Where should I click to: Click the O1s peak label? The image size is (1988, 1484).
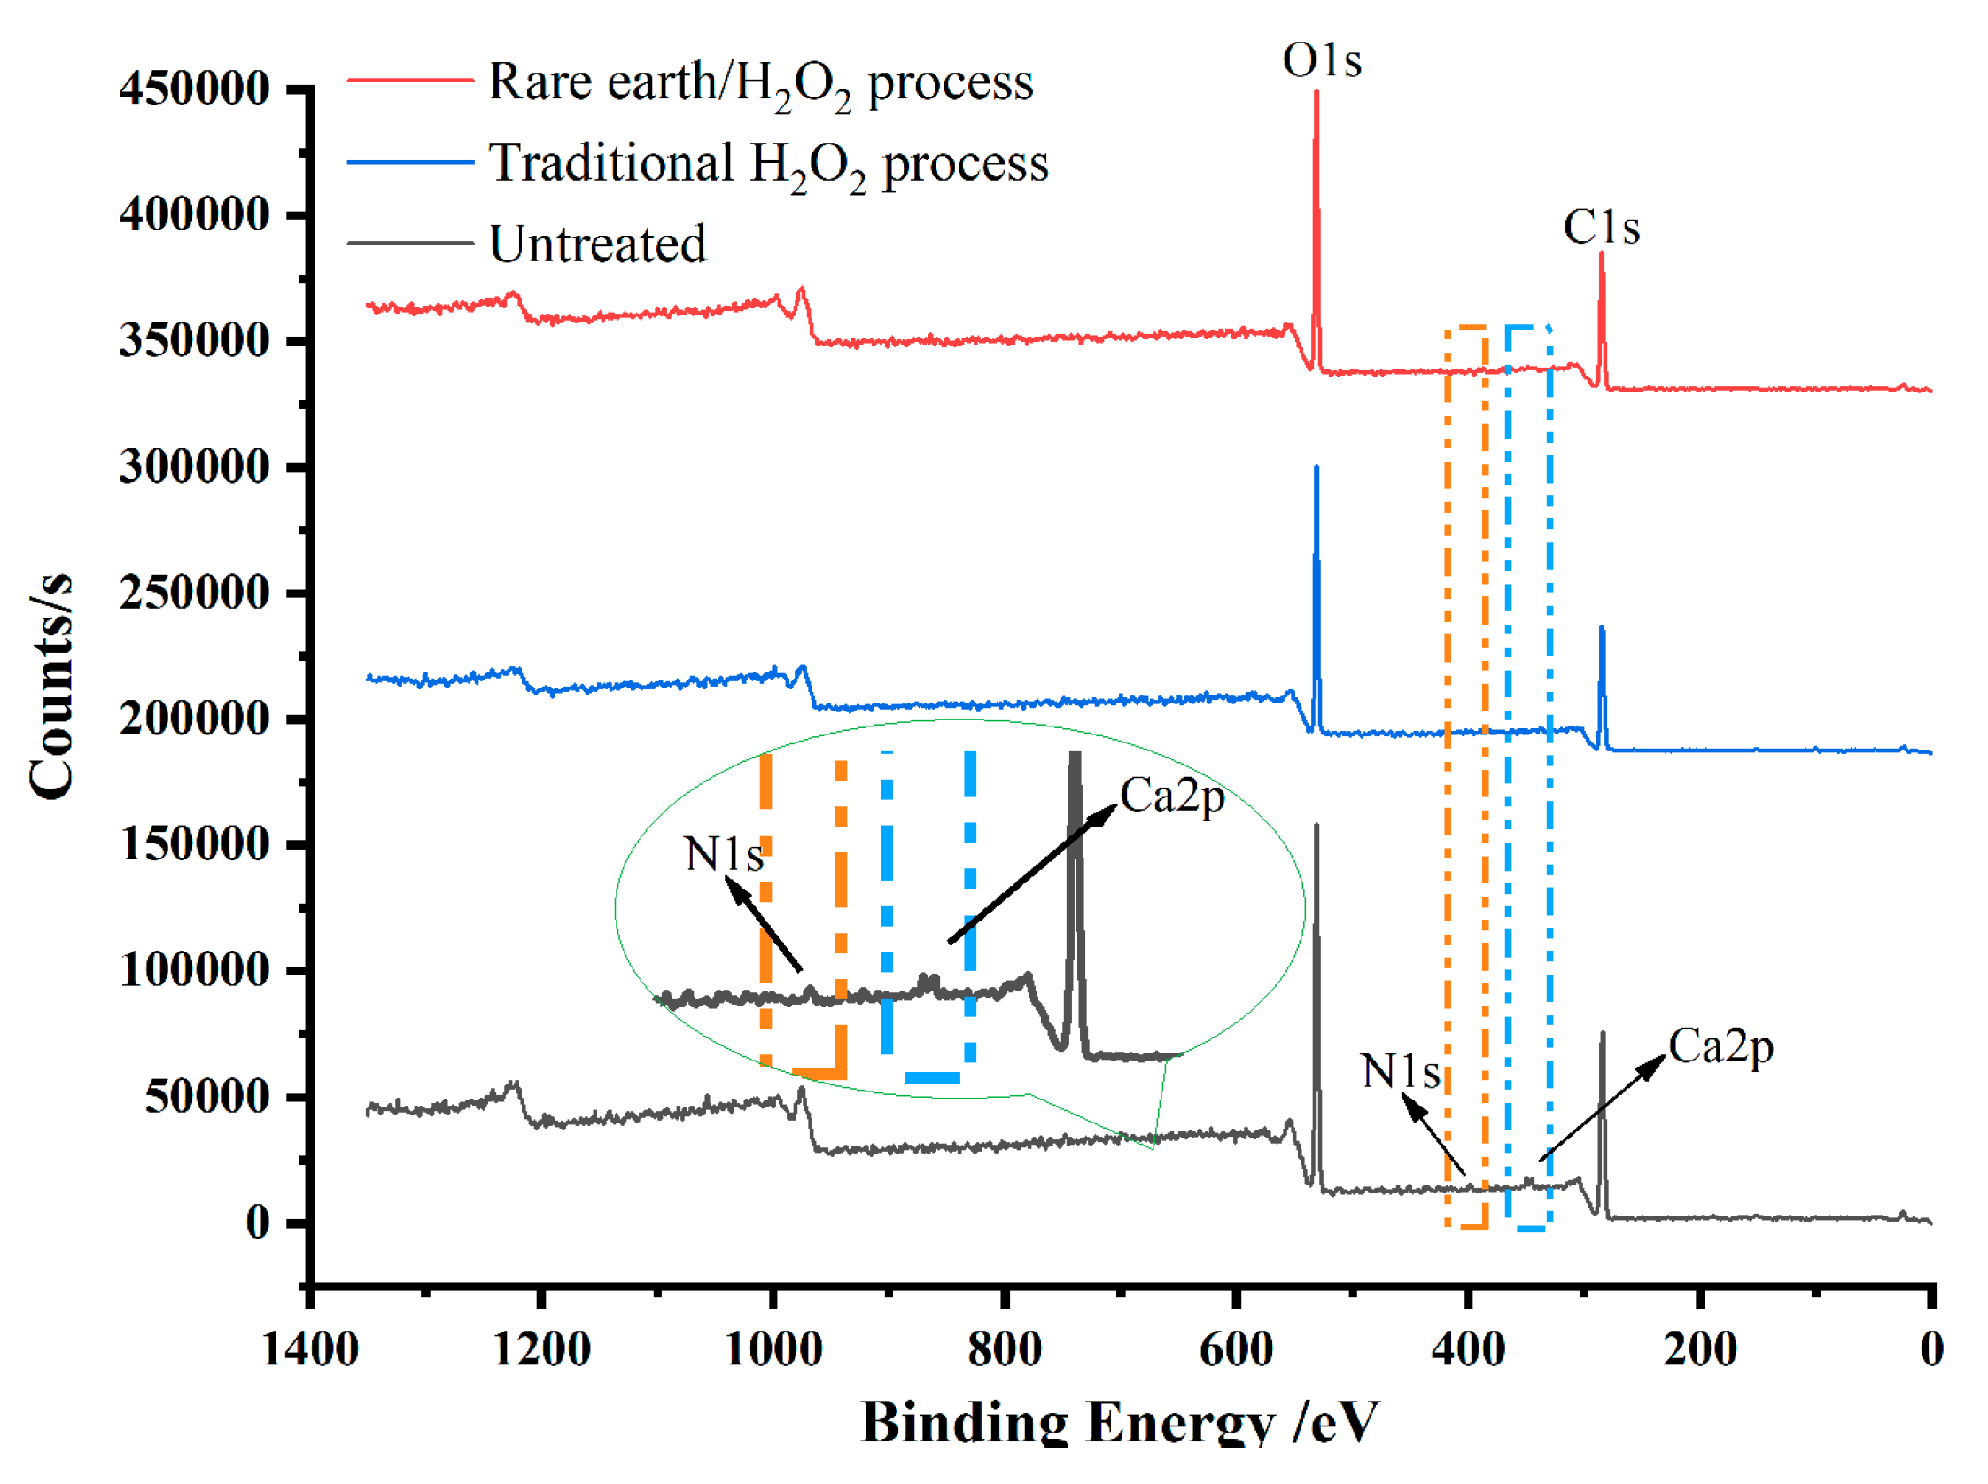click(x=1321, y=61)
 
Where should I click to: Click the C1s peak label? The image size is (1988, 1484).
click(x=1601, y=227)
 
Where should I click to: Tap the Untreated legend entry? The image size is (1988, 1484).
click(x=596, y=245)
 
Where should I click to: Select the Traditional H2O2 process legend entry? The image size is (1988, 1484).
click(x=768, y=165)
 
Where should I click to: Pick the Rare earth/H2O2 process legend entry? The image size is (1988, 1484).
click(x=760, y=83)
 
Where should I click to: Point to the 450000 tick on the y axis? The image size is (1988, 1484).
click(x=194, y=89)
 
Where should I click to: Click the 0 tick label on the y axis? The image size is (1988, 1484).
click(x=257, y=1223)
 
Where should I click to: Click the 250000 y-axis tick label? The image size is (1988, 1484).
click(x=194, y=593)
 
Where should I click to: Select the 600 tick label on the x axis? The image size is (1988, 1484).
click(x=1236, y=1350)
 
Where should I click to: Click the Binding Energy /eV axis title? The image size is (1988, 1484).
click(x=1119, y=1422)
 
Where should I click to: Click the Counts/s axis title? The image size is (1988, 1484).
click(x=51, y=688)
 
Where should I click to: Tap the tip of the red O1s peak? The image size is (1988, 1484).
click(x=1316, y=92)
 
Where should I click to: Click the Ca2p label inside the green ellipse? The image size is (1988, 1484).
click(x=1171, y=796)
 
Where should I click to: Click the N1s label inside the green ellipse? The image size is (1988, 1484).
click(x=723, y=853)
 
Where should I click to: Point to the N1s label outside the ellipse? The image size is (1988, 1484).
click(x=1400, y=1071)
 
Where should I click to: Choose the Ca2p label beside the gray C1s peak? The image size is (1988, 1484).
click(x=1720, y=1047)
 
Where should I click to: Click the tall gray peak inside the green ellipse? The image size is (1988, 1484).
click(x=1075, y=862)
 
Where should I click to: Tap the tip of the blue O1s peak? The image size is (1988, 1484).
click(x=1316, y=468)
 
